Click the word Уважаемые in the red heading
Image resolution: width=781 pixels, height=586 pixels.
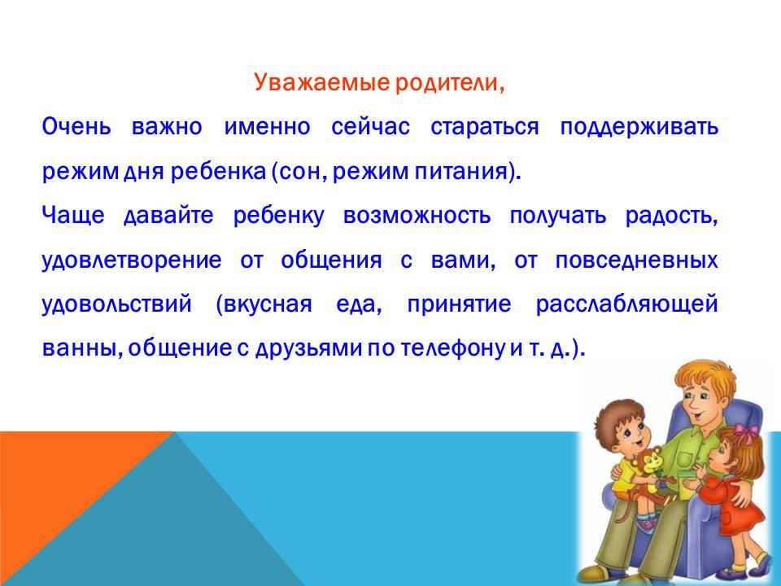tap(321, 83)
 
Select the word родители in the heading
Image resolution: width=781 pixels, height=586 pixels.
tap(447, 83)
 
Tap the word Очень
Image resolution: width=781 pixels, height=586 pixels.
tap(76, 127)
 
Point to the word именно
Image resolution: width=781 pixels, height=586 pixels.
tap(267, 127)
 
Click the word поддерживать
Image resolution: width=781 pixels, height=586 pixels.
tap(639, 128)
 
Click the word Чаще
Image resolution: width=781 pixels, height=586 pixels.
tap(73, 216)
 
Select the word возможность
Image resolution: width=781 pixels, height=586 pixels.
tap(417, 216)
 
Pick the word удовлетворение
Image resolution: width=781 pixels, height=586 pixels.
tap(132, 260)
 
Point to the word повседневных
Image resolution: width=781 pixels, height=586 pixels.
tap(636, 260)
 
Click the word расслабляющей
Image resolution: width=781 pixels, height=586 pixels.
tap(626, 304)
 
